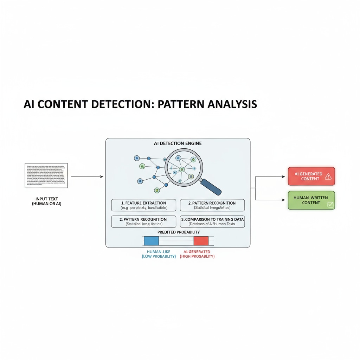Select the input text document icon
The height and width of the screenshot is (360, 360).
pyautogui.click(x=46, y=175)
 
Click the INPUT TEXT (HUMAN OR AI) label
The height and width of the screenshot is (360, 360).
pyautogui.click(x=46, y=201)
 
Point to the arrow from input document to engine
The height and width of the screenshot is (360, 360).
pyautogui.click(x=87, y=176)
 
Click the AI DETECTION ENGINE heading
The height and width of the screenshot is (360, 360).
pyautogui.click(x=178, y=143)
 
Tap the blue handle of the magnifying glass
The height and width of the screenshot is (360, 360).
pyautogui.click(x=211, y=187)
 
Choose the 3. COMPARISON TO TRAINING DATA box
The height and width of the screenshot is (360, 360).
pyautogui.click(x=212, y=221)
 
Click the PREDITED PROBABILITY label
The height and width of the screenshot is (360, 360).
pyautogui.click(x=179, y=232)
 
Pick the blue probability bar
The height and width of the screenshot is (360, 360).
pyautogui.click(x=151, y=241)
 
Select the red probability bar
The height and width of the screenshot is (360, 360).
pyautogui.click(x=201, y=241)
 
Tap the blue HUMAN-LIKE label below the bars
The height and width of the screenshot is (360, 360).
pyautogui.click(x=159, y=254)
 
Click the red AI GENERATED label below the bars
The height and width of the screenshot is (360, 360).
pyautogui.click(x=197, y=254)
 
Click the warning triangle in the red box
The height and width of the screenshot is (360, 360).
pyautogui.click(x=328, y=176)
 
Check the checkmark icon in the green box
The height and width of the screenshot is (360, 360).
pyautogui.click(x=330, y=204)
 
